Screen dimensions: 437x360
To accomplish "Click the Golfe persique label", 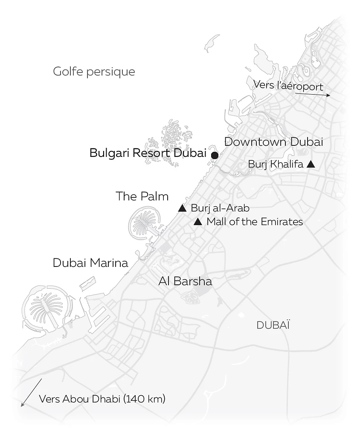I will point(94,72).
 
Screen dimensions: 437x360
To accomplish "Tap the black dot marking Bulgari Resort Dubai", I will point(215,155).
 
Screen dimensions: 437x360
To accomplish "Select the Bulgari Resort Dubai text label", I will point(148,153).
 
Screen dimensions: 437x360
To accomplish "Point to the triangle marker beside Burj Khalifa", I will point(311,164).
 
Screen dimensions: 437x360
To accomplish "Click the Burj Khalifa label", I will point(276,164).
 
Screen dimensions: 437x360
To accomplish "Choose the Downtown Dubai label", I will point(273,142).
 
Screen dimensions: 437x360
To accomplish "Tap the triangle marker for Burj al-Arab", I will point(182,208).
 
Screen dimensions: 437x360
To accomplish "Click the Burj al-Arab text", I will point(220,208).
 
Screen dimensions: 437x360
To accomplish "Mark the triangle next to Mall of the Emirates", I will point(197,222).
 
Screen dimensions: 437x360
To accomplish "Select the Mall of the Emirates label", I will point(255,222).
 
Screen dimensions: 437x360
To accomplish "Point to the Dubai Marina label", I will point(90,263).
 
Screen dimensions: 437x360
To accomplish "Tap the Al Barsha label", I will point(185,281).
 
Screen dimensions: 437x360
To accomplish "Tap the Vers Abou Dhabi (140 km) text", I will point(102,399).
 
